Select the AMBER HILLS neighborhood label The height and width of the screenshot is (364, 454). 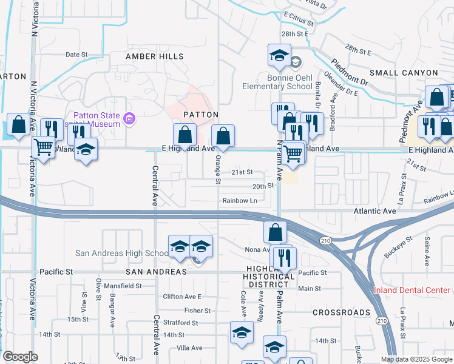click(x=154, y=56)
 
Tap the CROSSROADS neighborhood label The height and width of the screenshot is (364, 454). click(x=341, y=312)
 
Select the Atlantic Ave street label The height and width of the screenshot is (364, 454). click(x=375, y=211)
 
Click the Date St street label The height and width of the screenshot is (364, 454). click(x=76, y=54)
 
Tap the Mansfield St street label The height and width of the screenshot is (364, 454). click(x=122, y=285)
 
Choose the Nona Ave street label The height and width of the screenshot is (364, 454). click(x=257, y=249)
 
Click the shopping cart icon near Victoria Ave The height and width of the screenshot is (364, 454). click(x=43, y=146)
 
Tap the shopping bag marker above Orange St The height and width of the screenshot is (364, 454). click(x=223, y=136)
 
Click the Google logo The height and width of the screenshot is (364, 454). click(x=21, y=357)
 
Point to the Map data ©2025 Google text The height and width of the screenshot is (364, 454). click(x=416, y=359)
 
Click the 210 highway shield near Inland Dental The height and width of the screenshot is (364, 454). click(x=381, y=320)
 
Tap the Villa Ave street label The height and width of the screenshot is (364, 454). click(x=189, y=348)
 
